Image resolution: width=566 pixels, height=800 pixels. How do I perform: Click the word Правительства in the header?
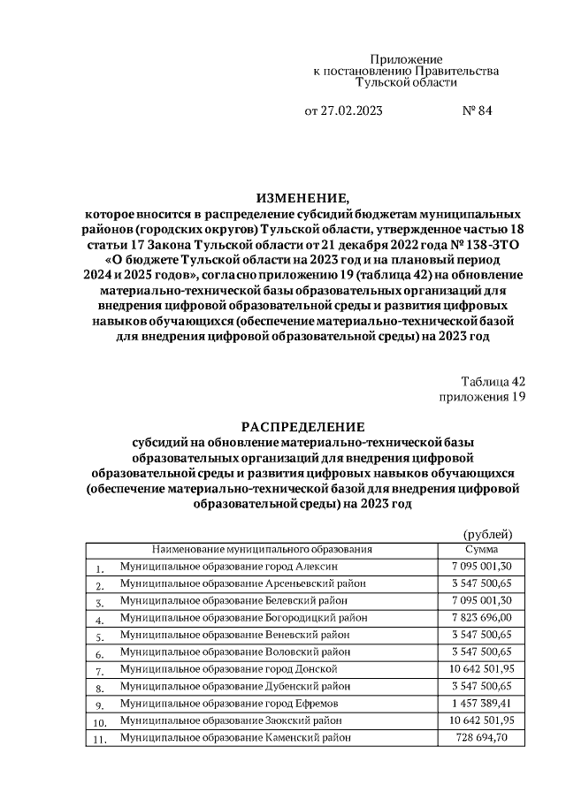455,70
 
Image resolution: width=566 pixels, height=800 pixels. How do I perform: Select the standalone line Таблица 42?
493,381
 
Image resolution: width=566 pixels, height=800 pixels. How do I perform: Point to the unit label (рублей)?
487,533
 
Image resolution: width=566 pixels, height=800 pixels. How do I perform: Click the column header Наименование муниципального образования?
262,548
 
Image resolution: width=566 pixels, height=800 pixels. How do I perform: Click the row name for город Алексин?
229,566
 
